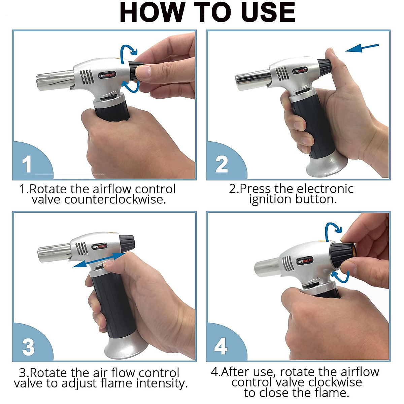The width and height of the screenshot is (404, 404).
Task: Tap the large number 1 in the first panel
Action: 27,164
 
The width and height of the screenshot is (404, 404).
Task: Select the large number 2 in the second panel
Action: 222,164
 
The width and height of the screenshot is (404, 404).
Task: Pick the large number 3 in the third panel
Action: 28,347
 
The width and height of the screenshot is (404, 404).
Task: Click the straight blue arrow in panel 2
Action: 362,48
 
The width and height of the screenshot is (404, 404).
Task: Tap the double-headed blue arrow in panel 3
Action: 99,260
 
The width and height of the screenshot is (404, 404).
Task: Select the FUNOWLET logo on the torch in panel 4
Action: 305,261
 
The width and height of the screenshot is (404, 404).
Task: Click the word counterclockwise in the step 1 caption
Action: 115,199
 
